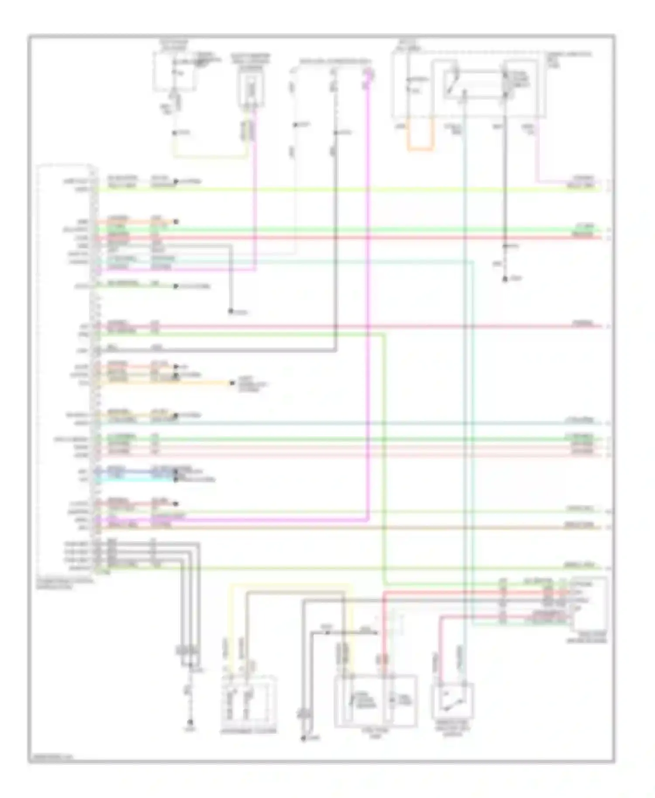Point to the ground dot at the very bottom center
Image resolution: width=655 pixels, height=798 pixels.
[x=302, y=739]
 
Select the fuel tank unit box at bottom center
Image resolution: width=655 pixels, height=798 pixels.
[x=375, y=701]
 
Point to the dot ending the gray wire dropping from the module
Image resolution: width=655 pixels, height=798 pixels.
[x=230, y=312]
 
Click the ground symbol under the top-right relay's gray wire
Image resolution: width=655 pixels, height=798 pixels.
[x=505, y=279]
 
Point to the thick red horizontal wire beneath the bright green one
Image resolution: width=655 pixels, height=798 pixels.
[x=349, y=238]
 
